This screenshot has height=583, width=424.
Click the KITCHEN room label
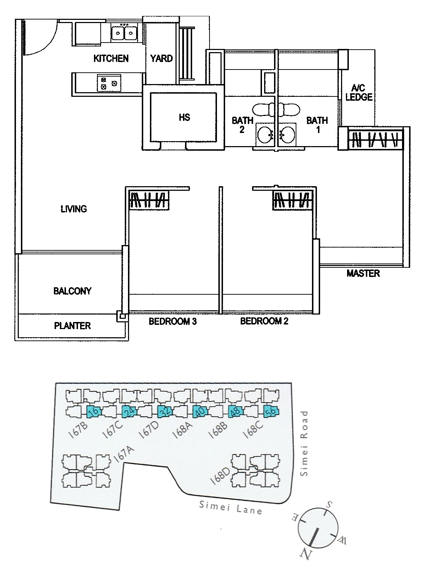111,58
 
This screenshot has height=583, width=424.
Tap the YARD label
162,58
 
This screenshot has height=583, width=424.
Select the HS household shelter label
184,117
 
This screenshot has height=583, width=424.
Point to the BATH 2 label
242,125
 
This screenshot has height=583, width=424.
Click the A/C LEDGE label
359,93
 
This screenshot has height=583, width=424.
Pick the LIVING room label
74,209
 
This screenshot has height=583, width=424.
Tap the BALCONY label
72,291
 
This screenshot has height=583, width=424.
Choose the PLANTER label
72,326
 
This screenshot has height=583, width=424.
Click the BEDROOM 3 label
172,321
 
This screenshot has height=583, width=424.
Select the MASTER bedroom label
363,273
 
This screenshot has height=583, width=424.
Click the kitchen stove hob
109,83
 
